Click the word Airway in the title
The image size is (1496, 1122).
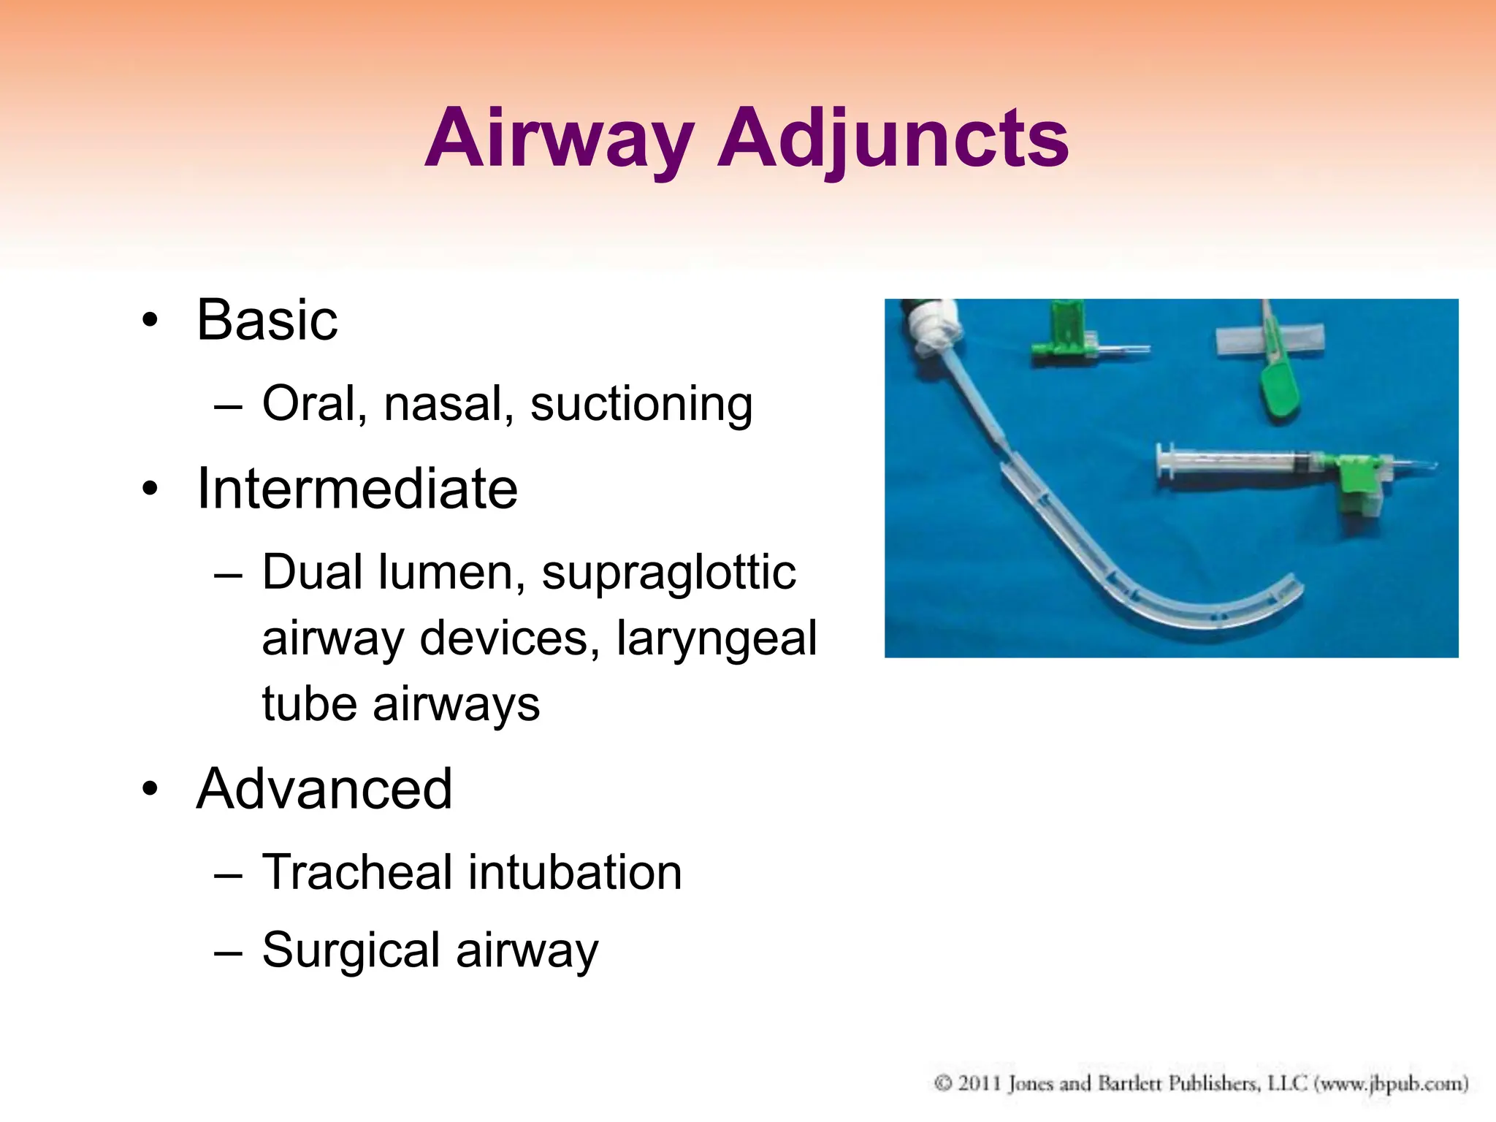(559, 139)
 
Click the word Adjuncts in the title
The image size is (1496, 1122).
(893, 139)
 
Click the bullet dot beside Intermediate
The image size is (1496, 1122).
(150, 489)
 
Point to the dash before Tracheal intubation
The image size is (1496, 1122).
(228, 874)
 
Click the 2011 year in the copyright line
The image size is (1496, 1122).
(979, 1083)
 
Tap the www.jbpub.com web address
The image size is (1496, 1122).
(1391, 1083)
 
